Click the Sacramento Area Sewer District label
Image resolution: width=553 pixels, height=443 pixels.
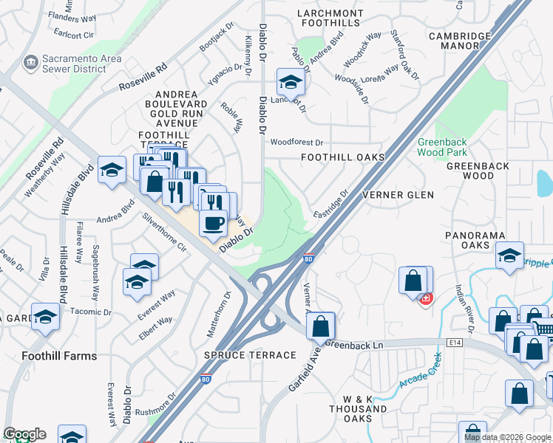coord(74,63)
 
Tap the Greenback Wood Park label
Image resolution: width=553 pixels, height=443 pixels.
coord(443,147)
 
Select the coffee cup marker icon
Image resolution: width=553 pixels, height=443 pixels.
coord(214,221)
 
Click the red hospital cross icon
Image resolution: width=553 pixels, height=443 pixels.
coord(425,299)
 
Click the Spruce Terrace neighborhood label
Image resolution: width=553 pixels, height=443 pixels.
coord(250,355)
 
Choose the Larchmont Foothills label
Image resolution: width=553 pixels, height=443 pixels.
coord(330,18)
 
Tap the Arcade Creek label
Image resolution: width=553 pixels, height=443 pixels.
coord(420,372)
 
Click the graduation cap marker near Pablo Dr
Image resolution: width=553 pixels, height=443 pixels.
coord(291,81)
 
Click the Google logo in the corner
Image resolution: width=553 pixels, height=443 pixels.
coord(24,434)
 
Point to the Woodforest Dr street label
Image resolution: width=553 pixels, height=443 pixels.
coord(297,142)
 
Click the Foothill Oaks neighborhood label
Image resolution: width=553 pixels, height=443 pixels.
coord(342,157)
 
